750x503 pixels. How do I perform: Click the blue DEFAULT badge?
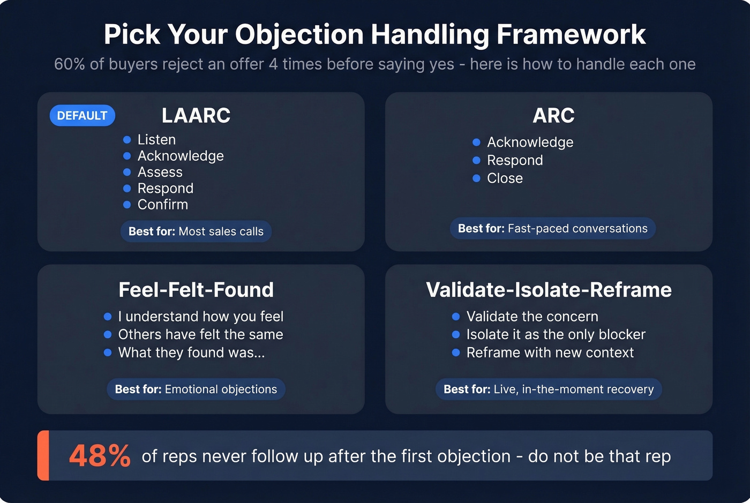pyautogui.click(x=82, y=116)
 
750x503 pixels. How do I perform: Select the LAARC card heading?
pyautogui.click(x=196, y=116)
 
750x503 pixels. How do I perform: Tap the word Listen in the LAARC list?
pyautogui.click(x=156, y=140)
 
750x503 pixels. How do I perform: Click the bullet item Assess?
pyautogui.click(x=160, y=172)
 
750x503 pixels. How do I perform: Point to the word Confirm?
pyautogui.click(x=162, y=205)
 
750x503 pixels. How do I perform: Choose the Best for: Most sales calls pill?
pyautogui.click(x=196, y=231)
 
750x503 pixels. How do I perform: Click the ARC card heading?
pyautogui.click(x=553, y=116)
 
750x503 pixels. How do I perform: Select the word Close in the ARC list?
pyautogui.click(x=505, y=178)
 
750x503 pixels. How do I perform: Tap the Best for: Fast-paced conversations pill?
pyautogui.click(x=552, y=229)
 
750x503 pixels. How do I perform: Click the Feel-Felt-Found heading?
pyautogui.click(x=196, y=290)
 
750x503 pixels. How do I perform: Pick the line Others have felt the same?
pyautogui.click(x=200, y=335)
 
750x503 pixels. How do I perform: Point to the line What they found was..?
pyautogui.click(x=191, y=352)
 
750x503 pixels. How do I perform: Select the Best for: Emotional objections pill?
pyautogui.click(x=196, y=389)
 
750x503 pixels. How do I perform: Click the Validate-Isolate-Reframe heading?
pyautogui.click(x=549, y=290)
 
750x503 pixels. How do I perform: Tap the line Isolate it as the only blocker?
pyautogui.click(x=556, y=335)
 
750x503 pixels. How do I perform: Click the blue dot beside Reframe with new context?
pyautogui.click(x=456, y=352)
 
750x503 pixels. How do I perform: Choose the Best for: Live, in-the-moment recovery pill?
pyautogui.click(x=549, y=389)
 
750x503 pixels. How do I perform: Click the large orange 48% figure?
pyautogui.click(x=100, y=456)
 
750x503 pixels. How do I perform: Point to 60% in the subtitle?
pyautogui.click(x=70, y=64)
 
